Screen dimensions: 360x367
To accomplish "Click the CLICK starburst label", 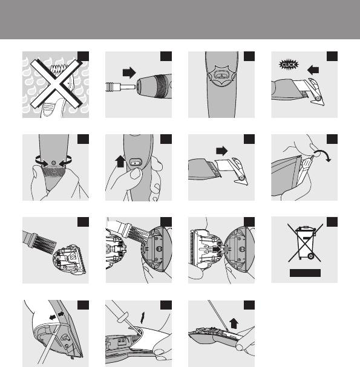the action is click(289, 65).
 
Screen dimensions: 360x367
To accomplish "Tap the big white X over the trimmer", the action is click(56, 83).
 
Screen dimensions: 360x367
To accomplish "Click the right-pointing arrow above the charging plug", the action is click(129, 73).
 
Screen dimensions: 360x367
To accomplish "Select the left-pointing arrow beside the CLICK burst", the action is click(313, 70).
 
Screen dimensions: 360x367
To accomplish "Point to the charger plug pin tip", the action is click(134, 87).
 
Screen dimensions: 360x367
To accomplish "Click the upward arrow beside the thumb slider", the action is click(120, 161).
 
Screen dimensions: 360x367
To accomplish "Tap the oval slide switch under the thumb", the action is click(136, 162).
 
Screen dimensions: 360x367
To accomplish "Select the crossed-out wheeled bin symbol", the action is click(305, 242).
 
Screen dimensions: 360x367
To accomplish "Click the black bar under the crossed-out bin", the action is click(305, 273).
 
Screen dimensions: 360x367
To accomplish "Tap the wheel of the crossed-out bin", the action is click(311, 256).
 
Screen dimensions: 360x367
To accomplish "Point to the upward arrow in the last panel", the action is click(234, 323).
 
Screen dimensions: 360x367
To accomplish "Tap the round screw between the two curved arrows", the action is click(53, 163).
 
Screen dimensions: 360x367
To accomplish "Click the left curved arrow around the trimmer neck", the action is click(41, 161).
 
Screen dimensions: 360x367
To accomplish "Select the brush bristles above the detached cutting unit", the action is click(45, 244).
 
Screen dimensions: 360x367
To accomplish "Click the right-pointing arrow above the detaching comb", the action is click(221, 151).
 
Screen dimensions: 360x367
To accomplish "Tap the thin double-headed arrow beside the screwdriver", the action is click(143, 318).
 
